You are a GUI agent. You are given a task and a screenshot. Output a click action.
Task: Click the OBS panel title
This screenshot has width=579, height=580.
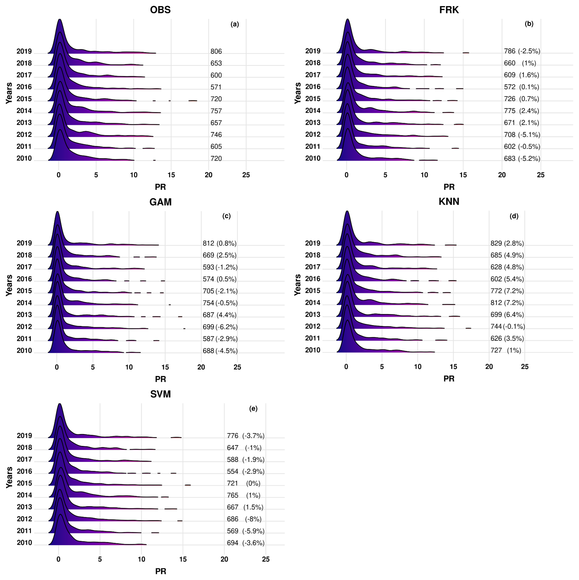(160, 10)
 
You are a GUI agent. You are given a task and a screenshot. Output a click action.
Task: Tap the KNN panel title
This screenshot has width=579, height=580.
(449, 201)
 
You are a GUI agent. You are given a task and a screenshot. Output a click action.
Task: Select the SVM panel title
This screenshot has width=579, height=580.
(160, 394)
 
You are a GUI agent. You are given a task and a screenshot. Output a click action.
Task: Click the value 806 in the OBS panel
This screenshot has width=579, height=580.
(216, 51)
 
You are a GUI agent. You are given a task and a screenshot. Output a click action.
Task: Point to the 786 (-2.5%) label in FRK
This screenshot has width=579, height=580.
(522, 51)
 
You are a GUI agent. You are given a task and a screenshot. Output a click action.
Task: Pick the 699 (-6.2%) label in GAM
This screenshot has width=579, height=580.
(220, 327)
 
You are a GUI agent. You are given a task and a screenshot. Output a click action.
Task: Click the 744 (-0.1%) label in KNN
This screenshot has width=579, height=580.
(507, 327)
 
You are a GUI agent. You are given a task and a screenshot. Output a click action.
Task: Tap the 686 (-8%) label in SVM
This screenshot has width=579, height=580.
(244, 519)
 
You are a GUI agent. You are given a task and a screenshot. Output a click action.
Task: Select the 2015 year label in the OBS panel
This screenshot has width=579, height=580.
(24, 99)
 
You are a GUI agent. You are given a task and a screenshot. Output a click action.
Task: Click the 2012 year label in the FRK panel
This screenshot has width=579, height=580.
(313, 134)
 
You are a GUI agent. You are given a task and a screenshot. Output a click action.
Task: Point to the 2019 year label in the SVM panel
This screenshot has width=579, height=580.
(24, 436)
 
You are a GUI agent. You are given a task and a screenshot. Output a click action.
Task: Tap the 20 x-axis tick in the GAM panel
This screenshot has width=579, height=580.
(201, 367)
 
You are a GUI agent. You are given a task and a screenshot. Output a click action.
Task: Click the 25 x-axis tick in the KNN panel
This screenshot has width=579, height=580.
(525, 367)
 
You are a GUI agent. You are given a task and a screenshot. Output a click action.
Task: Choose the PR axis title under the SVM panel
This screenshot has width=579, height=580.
(160, 571)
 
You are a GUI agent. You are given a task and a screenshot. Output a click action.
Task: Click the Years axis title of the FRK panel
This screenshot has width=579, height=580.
(297, 93)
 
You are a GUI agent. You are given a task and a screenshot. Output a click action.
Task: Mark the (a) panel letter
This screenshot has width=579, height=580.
(235, 24)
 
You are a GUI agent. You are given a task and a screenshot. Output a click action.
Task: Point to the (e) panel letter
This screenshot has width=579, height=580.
(253, 409)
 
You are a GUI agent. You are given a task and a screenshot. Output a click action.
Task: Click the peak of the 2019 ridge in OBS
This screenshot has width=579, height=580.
(60, 20)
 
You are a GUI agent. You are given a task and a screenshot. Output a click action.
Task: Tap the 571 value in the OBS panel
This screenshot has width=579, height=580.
(216, 87)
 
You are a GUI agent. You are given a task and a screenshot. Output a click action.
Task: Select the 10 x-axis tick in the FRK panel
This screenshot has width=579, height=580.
(424, 175)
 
